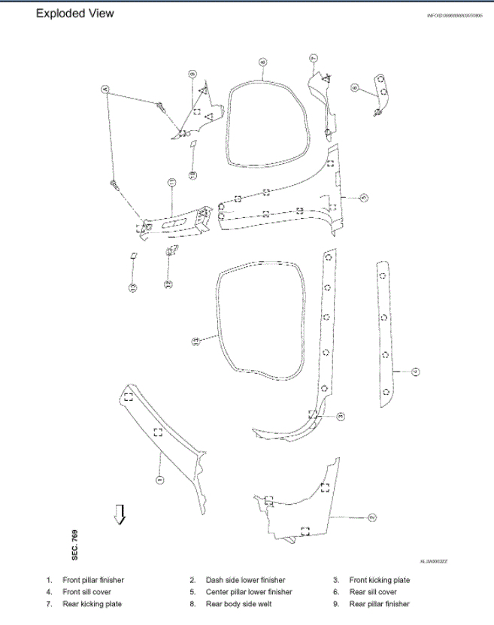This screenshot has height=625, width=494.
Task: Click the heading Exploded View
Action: click(x=75, y=14)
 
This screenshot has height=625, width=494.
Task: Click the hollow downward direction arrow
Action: click(x=119, y=514)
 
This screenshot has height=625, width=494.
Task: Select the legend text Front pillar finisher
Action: click(x=93, y=581)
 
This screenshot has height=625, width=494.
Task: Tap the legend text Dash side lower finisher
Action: click(x=245, y=581)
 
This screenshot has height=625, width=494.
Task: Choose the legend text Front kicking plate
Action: click(x=379, y=581)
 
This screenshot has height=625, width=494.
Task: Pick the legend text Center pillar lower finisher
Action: click(x=249, y=592)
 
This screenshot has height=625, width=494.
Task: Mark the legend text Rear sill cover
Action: click(x=373, y=592)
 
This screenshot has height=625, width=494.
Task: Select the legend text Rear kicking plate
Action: click(x=92, y=604)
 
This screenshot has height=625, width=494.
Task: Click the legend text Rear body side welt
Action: click(x=238, y=604)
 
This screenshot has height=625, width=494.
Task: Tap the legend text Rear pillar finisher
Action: click(x=379, y=604)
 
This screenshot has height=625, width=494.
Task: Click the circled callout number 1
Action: click(x=159, y=479)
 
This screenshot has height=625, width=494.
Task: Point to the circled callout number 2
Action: click(x=371, y=517)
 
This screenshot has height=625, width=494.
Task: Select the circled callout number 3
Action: click(x=341, y=416)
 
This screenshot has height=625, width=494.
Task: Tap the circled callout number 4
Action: click(x=414, y=371)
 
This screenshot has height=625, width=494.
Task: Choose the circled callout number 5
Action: click(x=364, y=198)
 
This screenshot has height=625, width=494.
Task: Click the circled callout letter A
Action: click(x=106, y=89)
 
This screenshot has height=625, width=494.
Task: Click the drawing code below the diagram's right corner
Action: click(x=433, y=561)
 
